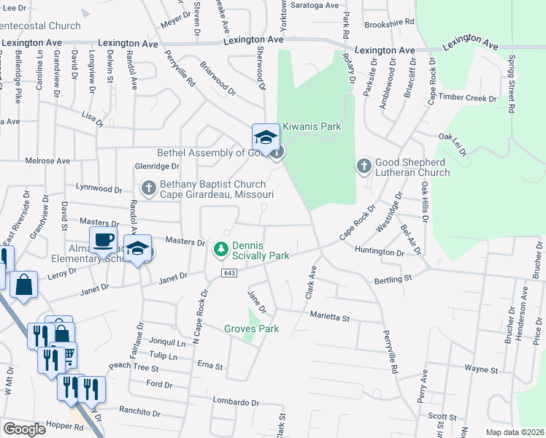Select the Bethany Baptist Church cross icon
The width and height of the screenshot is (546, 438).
click(x=149, y=189)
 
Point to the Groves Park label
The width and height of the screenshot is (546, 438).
click(x=252, y=329)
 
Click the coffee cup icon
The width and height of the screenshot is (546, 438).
click(x=103, y=239)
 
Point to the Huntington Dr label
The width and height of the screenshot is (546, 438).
click(x=380, y=253)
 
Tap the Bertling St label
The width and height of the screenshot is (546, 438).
click(x=393, y=278)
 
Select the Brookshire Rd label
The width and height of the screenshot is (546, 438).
click(x=384, y=23)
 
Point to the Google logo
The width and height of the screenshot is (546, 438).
click(x=24, y=429)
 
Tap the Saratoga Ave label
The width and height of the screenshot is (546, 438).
click(x=316, y=5)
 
